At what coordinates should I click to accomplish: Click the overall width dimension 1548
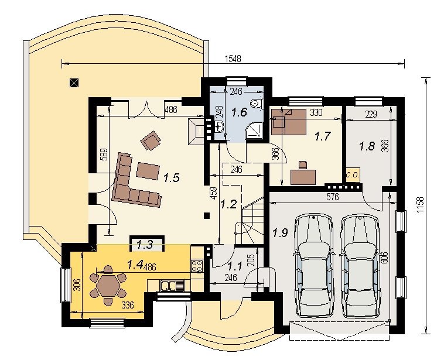click(x=233, y=59)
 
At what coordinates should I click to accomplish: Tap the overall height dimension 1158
click(x=421, y=205)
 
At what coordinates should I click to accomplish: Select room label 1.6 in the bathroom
click(x=240, y=112)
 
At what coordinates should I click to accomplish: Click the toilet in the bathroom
click(x=257, y=104)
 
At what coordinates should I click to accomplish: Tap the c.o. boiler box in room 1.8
click(x=353, y=175)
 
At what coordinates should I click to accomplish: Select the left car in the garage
click(x=314, y=265)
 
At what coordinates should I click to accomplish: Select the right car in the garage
click(x=360, y=266)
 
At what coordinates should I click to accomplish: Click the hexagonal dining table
click(x=107, y=286)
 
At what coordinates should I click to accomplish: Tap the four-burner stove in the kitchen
click(x=197, y=266)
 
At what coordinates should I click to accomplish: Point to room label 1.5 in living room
click(x=172, y=178)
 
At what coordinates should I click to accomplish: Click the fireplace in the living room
click(x=196, y=131)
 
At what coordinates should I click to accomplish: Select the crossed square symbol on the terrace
click(x=74, y=83)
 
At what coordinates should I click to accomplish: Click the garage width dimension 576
click(x=332, y=197)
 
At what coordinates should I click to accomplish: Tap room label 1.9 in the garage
click(x=281, y=232)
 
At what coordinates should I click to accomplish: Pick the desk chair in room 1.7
click(x=303, y=164)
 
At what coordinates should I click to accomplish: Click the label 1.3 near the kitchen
click(x=145, y=244)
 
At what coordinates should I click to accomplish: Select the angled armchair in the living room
click(x=151, y=140)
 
